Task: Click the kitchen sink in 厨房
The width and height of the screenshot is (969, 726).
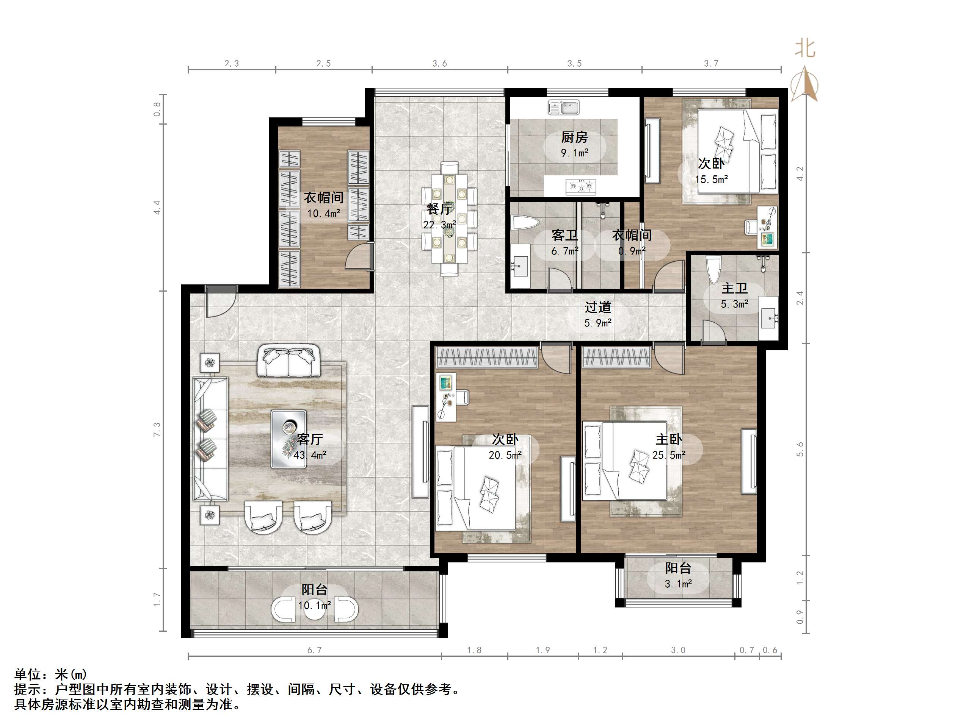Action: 564,107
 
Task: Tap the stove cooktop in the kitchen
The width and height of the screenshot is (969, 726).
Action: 581,187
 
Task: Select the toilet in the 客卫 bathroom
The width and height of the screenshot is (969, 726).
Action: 524,223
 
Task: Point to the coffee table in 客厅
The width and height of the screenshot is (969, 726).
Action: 289,439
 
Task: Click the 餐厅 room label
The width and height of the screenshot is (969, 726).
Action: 439,209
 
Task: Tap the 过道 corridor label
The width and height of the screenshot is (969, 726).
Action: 597,307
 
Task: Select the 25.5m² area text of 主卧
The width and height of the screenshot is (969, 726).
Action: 668,455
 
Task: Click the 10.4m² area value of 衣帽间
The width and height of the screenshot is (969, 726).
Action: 323,214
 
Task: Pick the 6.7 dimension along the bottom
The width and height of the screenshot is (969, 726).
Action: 315,650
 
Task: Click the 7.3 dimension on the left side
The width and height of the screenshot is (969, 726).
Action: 157,429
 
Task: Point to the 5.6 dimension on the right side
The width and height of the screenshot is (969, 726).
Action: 800,449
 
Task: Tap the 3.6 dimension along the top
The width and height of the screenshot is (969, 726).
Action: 440,64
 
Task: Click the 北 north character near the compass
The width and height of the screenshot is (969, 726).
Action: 805,48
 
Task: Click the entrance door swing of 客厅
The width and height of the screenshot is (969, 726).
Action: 220,302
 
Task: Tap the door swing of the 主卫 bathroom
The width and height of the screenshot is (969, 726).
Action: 712,331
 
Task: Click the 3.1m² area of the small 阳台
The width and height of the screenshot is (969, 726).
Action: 678,583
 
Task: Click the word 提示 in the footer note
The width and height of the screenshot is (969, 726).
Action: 28,689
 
